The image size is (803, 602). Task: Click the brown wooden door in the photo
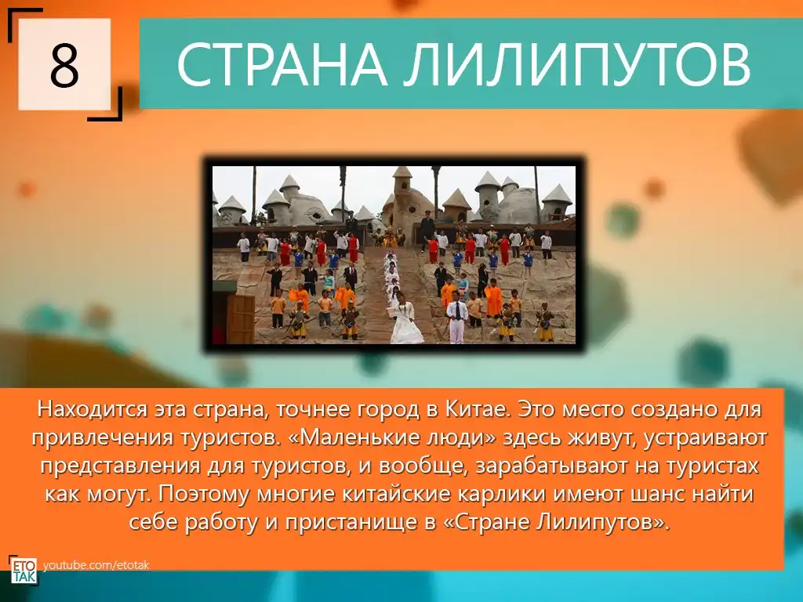coord(240,319)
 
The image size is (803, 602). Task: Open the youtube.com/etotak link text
coord(96,565)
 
